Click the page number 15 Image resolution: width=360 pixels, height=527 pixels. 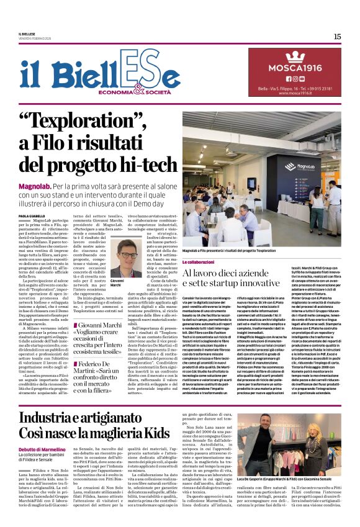pyautogui.click(x=337, y=37)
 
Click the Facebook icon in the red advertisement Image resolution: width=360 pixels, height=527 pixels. pyautogui.click(x=287, y=79)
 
